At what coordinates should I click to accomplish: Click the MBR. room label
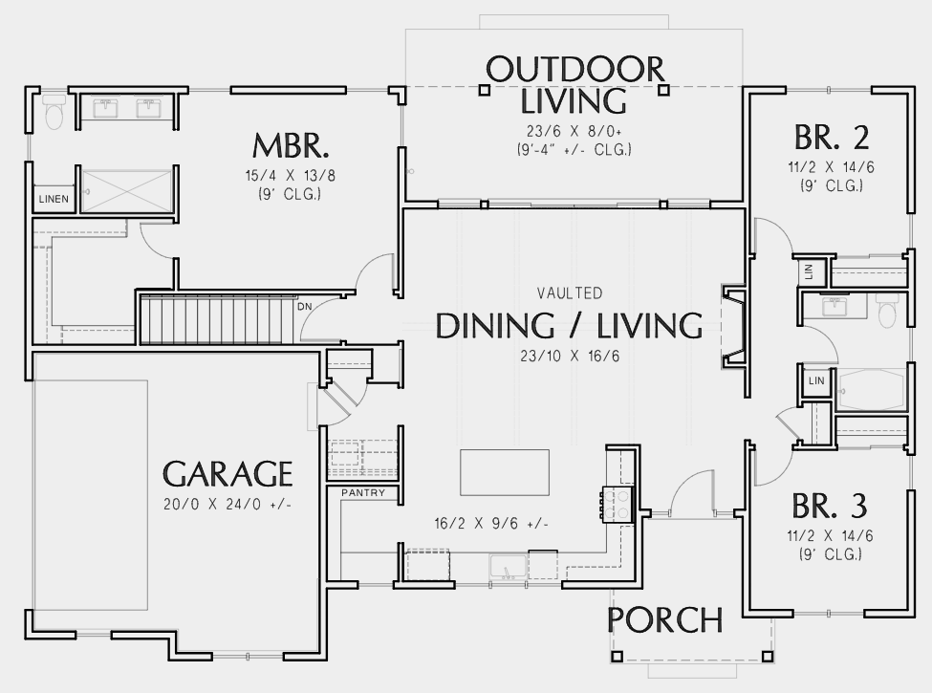click(x=291, y=145)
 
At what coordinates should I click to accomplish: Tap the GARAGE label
click(x=228, y=474)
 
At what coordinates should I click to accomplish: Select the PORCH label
click(x=665, y=620)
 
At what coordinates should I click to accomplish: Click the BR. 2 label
click(x=832, y=138)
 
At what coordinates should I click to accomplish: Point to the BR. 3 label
click(x=830, y=507)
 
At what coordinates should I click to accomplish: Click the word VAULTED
click(x=570, y=293)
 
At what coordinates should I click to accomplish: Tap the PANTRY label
click(x=363, y=492)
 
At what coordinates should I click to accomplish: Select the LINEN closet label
click(x=54, y=199)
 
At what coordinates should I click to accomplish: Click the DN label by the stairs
click(x=304, y=307)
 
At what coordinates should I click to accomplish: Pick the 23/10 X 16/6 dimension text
click(x=570, y=356)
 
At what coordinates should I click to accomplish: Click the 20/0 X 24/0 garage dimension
click(x=228, y=505)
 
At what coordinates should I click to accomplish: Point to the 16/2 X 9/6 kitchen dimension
click(x=491, y=524)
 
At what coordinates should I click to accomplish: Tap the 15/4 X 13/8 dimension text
click(x=290, y=176)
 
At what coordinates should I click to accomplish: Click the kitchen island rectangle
click(x=505, y=472)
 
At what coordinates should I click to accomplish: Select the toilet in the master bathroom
click(x=54, y=111)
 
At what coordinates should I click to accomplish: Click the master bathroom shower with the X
click(x=125, y=191)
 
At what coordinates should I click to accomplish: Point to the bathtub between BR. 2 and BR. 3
click(x=871, y=390)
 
